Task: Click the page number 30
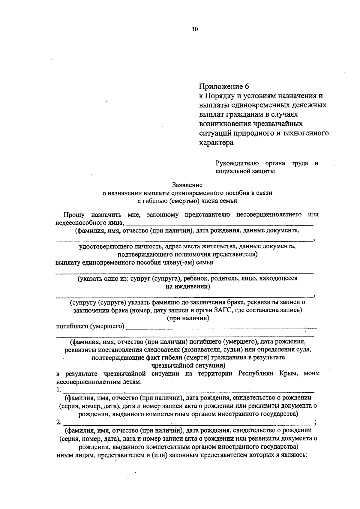point(194,29)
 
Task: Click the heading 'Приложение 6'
point(224,86)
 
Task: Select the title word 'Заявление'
point(187,185)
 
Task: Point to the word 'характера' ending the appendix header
point(216,142)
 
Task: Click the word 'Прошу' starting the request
point(74,214)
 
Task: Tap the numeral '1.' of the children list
point(58,390)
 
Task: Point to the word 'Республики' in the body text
point(256,373)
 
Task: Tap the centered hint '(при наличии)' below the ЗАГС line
point(188,318)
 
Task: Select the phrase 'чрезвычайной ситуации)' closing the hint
point(188,365)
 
